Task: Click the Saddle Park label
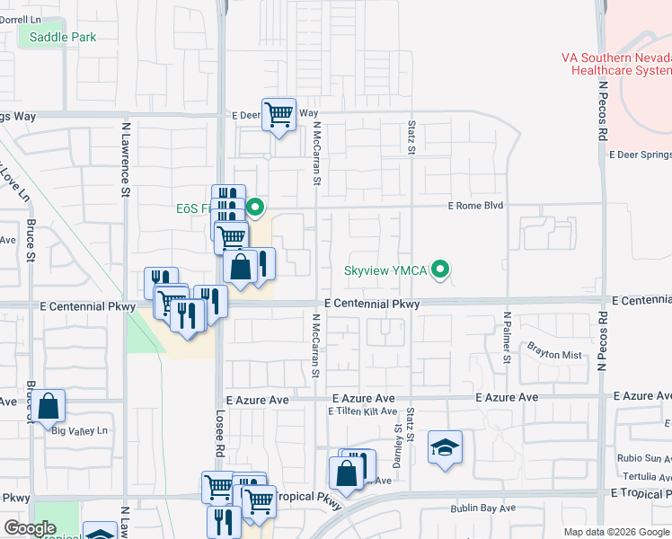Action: point(62,37)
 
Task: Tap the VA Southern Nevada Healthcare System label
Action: point(616,63)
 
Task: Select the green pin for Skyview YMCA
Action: point(440,269)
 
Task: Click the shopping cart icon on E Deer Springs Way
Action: point(279,114)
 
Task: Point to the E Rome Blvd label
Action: point(476,206)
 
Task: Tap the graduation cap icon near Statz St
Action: point(445,447)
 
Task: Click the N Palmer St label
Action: point(508,337)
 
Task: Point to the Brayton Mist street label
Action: point(556,354)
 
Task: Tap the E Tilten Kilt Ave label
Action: point(363,411)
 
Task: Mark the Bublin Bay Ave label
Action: point(482,508)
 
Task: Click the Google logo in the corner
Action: point(30,528)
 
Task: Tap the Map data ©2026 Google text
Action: point(616,532)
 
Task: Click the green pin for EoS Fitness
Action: point(255,208)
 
